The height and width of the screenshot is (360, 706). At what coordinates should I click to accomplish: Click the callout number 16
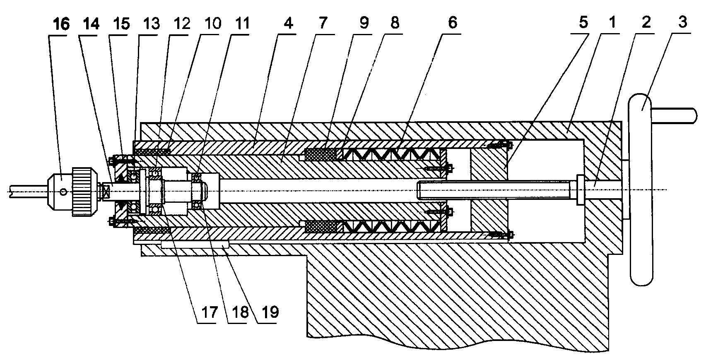pyautogui.click(x=61, y=24)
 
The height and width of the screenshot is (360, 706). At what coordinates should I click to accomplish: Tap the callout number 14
pyautogui.click(x=92, y=24)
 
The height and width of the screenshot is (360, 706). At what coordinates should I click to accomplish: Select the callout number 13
pyautogui.click(x=151, y=24)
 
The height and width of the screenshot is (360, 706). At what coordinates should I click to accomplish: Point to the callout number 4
pyautogui.click(x=288, y=23)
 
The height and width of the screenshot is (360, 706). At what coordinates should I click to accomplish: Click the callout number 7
pyautogui.click(x=323, y=23)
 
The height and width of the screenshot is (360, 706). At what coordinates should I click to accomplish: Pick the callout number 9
pyautogui.click(x=364, y=23)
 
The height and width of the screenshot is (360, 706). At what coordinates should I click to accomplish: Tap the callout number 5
pyautogui.click(x=583, y=22)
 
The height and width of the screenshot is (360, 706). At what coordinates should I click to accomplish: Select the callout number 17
pyautogui.click(x=209, y=312)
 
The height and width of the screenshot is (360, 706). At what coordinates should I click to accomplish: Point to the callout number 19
pyautogui.click(x=270, y=312)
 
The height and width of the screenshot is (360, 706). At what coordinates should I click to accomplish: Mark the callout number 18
pyautogui.click(x=240, y=312)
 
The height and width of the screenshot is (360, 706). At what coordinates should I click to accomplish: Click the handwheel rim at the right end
pyautogui.click(x=642, y=190)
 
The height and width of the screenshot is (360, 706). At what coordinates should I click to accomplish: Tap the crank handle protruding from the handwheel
pyautogui.click(x=675, y=115)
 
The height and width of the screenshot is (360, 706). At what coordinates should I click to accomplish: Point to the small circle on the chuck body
pyautogui.click(x=64, y=192)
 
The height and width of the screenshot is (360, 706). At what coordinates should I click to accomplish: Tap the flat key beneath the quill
pyautogui.click(x=194, y=244)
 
